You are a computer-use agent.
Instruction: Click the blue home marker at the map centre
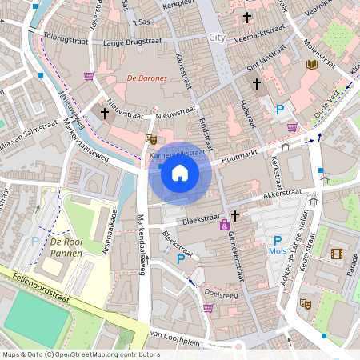pos(180,172)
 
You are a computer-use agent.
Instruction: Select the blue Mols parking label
pos(278,252)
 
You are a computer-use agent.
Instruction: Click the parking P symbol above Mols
pos(278,240)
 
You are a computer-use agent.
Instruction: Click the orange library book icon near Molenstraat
pos(312,64)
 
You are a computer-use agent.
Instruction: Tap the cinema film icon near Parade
pos(336,254)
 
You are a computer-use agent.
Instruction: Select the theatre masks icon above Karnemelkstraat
pos(150,138)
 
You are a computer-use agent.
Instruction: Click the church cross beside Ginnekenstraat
pos(235,214)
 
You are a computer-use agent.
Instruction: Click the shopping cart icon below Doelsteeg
pos(208,308)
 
